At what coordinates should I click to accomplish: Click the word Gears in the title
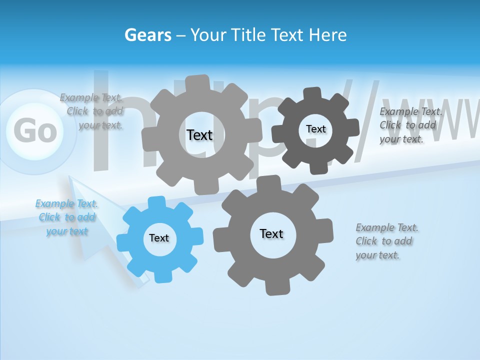pyautogui.click(x=148, y=35)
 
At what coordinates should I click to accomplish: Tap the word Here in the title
pyautogui.click(x=328, y=35)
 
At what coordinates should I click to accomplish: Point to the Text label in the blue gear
pyautogui.click(x=159, y=238)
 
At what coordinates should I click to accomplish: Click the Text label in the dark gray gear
pyautogui.click(x=315, y=129)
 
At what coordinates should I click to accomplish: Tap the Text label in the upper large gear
pyautogui.click(x=199, y=135)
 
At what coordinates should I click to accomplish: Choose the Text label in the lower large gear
pyautogui.click(x=271, y=233)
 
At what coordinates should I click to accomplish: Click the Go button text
pyautogui.click(x=34, y=131)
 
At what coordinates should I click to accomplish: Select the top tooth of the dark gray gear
pyautogui.click(x=312, y=93)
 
